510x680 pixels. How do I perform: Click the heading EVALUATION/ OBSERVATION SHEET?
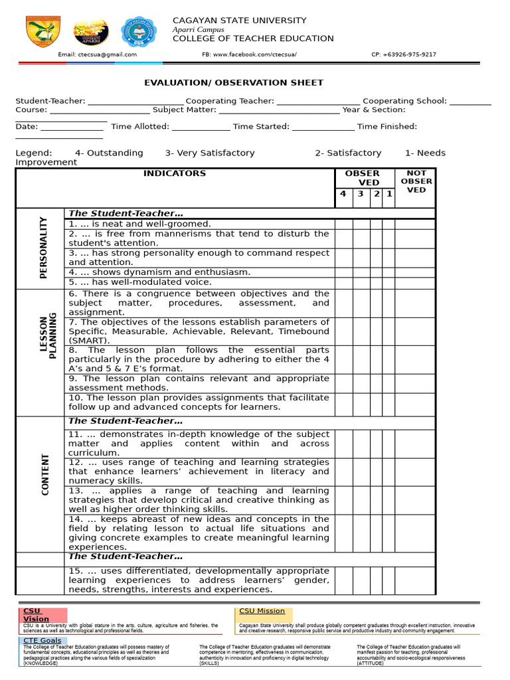pos(234,83)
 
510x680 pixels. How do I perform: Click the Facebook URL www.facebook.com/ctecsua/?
pos(249,54)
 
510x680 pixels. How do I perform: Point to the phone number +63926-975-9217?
pos(404,54)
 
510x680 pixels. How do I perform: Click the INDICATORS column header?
pos(175,174)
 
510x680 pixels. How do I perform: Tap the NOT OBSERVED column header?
pos(416,181)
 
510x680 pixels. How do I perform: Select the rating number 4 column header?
pos(343,194)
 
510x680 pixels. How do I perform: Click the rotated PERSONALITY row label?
pos(43,248)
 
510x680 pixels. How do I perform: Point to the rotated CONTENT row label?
pos(45,475)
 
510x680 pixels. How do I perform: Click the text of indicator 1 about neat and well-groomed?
pos(139,224)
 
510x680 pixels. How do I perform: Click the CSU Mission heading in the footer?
pos(262,611)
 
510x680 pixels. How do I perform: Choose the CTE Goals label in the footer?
pos(42,641)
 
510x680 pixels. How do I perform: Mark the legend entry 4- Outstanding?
pos(109,153)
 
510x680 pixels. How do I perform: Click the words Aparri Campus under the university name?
pos(198,30)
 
